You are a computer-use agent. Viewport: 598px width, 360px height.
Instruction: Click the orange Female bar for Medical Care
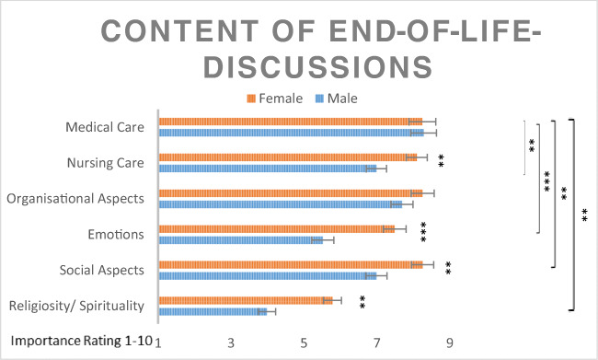coord(290,122)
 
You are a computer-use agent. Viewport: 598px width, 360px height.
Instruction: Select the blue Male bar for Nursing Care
coord(267,168)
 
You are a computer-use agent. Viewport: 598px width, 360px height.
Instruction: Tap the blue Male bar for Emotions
coord(240,239)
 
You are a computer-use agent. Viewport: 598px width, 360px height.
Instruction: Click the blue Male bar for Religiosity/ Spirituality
coord(213,311)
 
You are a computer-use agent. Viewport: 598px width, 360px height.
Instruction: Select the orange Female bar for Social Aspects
coord(290,264)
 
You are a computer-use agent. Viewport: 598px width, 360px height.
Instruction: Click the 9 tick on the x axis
coord(449,343)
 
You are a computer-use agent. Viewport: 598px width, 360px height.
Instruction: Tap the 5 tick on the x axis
coord(304,343)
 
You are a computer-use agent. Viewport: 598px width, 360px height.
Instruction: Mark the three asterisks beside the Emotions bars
coord(424,233)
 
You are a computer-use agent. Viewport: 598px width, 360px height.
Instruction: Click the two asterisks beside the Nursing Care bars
coord(443,162)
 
